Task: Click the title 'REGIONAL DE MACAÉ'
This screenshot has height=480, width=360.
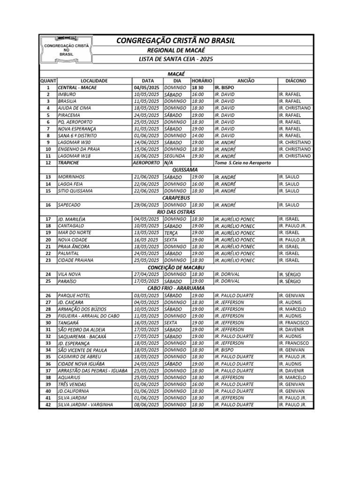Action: click(176, 50)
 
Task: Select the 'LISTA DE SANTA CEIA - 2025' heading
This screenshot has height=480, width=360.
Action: click(176, 59)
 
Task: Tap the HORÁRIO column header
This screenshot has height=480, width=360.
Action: click(202, 81)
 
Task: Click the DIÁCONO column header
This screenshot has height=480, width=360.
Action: click(295, 81)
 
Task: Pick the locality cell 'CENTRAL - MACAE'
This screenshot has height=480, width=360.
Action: click(94, 88)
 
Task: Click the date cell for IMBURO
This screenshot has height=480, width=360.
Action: click(147, 94)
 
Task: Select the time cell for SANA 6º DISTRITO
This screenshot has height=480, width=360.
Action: click(202, 135)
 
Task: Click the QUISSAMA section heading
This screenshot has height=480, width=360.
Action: click(176, 170)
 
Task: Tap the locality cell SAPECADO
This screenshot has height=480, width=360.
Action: click(94, 205)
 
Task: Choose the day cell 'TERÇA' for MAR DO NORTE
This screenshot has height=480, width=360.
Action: click(176, 232)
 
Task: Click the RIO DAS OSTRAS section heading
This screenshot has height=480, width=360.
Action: click(176, 212)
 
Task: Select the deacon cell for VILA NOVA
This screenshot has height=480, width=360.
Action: click(295, 274)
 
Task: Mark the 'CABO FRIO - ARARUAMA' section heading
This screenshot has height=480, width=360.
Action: click(176, 288)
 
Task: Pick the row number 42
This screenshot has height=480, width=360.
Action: click(48, 405)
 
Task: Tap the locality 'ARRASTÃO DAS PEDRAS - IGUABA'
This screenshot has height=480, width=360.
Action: click(94, 370)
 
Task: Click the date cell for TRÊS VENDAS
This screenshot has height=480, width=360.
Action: click(147, 384)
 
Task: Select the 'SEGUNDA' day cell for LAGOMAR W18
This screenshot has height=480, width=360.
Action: click(176, 156)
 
